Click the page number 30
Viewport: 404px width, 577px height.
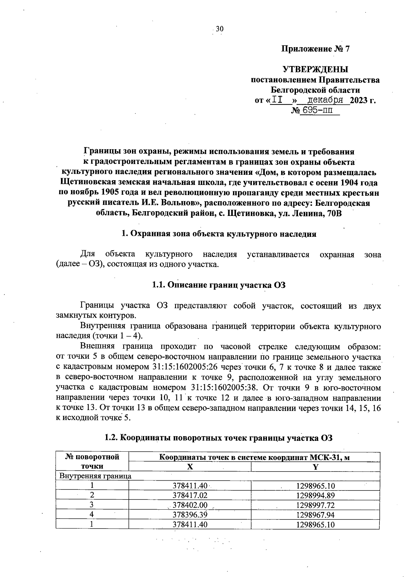[x=219, y=29]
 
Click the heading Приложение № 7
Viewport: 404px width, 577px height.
[x=315, y=49]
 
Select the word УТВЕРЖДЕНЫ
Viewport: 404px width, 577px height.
[x=315, y=70]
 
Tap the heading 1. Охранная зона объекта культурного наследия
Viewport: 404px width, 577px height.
[x=218, y=234]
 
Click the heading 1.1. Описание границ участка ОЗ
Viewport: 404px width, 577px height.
[x=218, y=285]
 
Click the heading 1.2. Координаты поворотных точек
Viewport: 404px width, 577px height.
[x=218, y=438]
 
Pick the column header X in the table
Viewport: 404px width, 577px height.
[x=190, y=467]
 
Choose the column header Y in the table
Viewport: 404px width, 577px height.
[x=315, y=467]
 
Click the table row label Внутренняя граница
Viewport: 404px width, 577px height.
[x=95, y=476]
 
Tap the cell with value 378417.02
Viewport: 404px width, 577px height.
[x=190, y=495]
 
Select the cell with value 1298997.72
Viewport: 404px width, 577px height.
[x=315, y=505]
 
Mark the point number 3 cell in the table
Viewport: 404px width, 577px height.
[x=92, y=505]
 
